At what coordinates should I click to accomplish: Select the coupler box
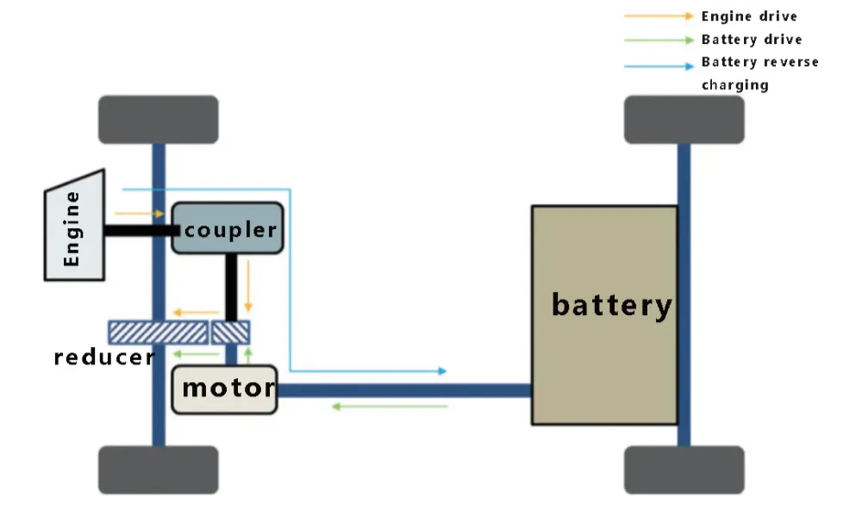228,228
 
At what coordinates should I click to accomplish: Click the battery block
603,314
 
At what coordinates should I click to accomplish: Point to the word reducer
103,357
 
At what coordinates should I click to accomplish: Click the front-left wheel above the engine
158,120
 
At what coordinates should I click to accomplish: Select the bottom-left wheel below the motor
158,469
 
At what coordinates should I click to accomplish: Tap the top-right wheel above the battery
684,120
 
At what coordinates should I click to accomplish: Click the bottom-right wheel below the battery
684,469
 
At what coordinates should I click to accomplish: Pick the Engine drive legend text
748,16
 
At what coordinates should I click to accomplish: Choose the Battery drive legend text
751,40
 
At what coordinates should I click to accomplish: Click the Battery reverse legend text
759,62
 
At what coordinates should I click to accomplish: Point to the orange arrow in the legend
659,16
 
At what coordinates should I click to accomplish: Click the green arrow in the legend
659,40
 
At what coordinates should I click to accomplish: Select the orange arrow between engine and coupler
139,213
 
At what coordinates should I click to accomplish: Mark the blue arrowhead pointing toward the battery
442,371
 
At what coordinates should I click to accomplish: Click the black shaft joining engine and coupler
138,230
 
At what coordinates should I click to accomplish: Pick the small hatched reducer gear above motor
231,332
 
